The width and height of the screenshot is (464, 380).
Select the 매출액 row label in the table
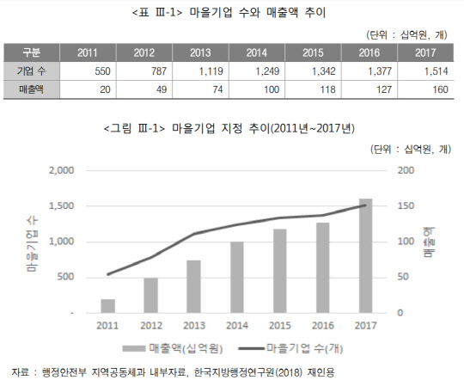tap(32, 89)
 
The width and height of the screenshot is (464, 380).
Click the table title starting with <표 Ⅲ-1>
tap(233, 12)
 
